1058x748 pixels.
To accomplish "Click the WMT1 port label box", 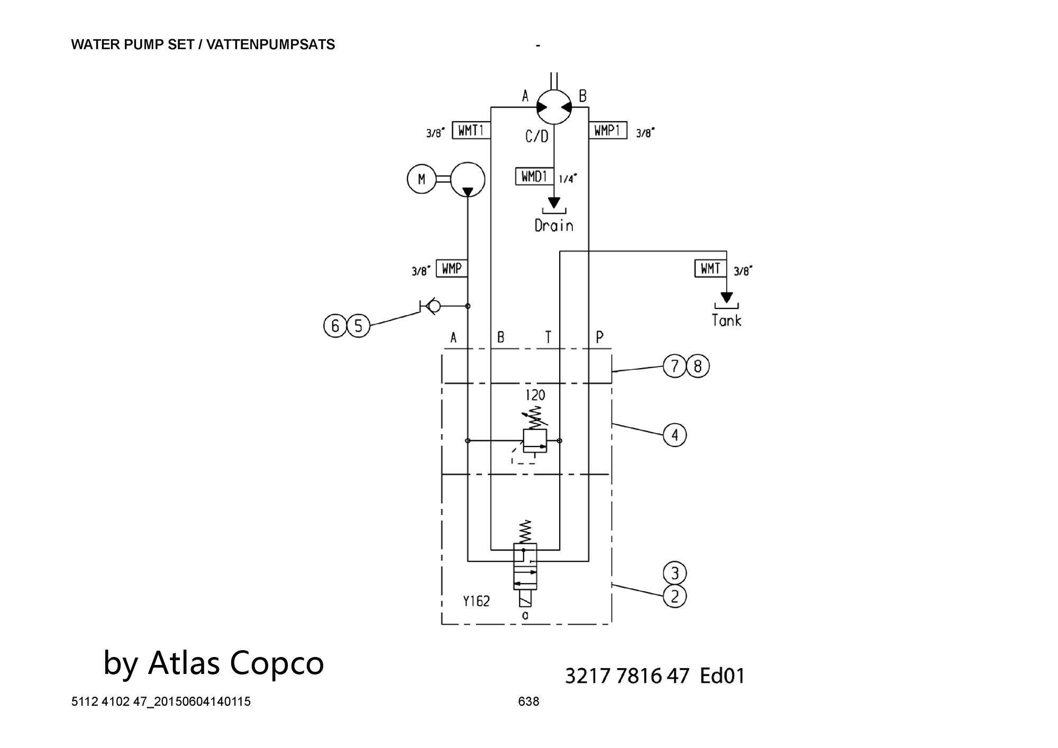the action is (471, 130).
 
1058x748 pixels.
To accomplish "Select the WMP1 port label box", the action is (608, 130).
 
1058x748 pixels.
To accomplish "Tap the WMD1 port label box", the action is (534, 176).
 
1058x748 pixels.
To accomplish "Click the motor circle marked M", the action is (421, 179).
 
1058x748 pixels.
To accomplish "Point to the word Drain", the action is (554, 226).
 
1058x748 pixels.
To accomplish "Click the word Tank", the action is (726, 320).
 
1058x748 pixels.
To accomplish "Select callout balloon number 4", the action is (674, 435).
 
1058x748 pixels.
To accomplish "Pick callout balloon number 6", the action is (335, 326).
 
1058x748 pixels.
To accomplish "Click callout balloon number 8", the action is (698, 366).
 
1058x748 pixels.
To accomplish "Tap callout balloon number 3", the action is (674, 573).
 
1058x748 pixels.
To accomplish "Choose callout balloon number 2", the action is (674, 596).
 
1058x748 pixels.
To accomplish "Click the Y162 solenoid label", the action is (476, 601).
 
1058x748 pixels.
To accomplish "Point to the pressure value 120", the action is (535, 395).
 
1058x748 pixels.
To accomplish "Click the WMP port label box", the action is (452, 269).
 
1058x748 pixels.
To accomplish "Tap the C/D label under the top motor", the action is (537, 136).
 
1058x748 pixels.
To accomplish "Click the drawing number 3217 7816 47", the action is (627, 676).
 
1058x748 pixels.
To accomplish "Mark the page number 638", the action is (528, 701).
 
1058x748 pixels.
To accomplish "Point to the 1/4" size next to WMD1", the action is (568, 179).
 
